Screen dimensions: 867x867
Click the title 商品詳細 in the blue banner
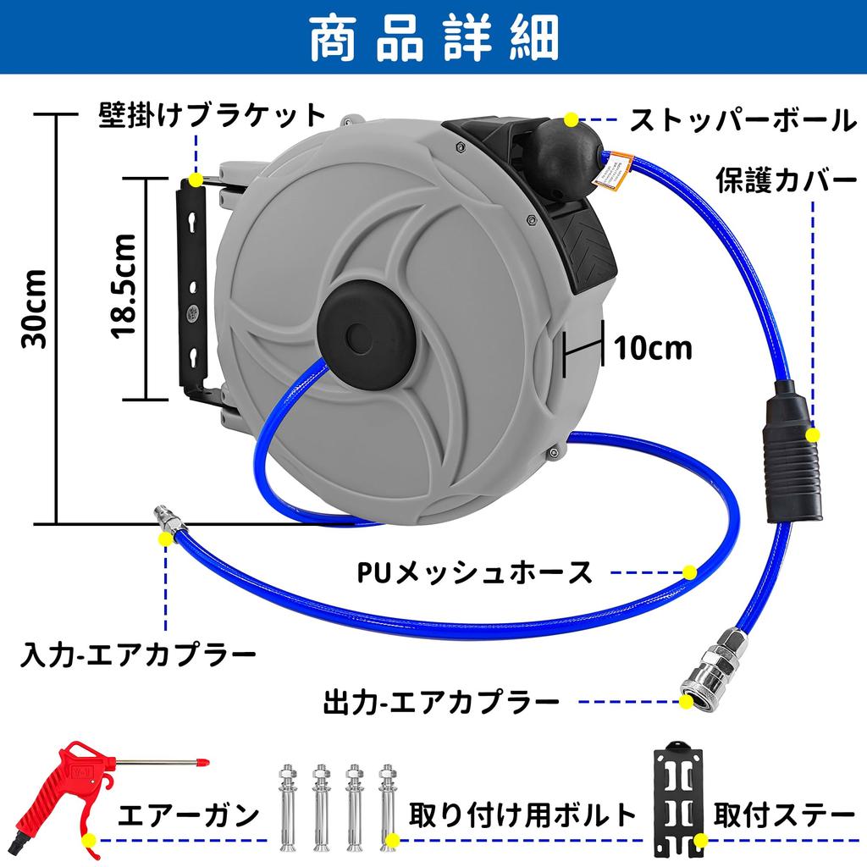[x=433, y=38]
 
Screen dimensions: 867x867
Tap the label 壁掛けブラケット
[x=212, y=115]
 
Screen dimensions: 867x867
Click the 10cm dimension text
[x=653, y=347]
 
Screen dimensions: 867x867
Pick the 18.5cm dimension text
[x=124, y=285]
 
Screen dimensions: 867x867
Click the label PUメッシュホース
[x=473, y=572]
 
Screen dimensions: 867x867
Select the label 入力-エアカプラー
[x=139, y=654]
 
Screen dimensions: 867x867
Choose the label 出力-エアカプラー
[x=441, y=702]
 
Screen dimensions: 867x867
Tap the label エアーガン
[x=188, y=816]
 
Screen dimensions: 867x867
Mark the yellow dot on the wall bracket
[x=196, y=179]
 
